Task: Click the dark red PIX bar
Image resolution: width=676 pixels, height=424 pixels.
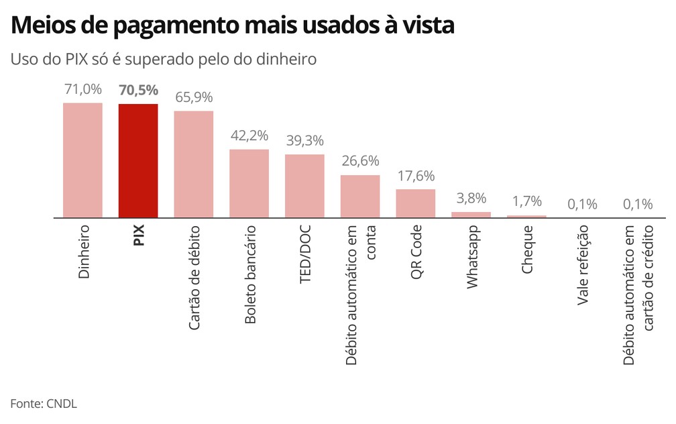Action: [138, 161]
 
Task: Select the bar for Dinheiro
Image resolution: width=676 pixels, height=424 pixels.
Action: [82, 160]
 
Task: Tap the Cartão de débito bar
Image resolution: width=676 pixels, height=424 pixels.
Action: [194, 164]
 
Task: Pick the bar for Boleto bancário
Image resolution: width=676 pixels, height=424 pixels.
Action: [249, 183]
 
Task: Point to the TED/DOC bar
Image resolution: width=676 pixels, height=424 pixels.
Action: [304, 186]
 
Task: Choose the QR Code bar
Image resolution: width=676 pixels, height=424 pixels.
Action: [415, 203]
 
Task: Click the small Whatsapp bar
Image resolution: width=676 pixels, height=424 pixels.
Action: [471, 215]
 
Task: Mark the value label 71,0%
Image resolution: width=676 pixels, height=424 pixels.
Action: [82, 89]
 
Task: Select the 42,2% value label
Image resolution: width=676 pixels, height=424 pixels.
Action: [249, 135]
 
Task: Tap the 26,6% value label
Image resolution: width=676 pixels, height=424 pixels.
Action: [360, 161]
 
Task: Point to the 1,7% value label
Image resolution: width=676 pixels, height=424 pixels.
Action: [526, 201]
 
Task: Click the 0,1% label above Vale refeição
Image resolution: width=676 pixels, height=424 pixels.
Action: [582, 204]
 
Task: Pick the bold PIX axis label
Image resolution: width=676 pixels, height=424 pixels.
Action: [139, 235]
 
